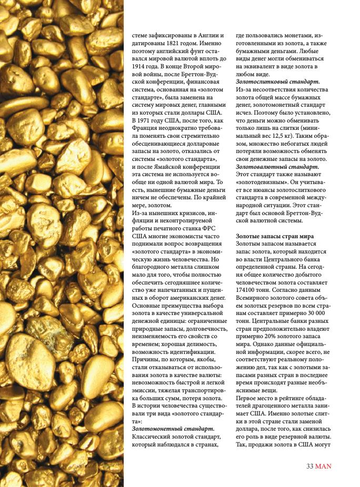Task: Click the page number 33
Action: (311, 465)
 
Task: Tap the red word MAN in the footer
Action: (324, 465)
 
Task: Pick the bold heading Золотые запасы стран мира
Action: (275, 236)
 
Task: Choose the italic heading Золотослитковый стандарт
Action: (277, 82)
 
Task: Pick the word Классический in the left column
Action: (152, 437)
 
